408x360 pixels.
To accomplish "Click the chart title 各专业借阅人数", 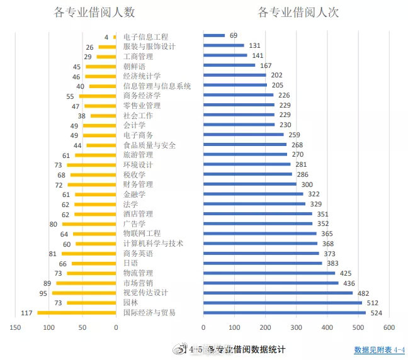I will pyautogui.click(x=96, y=13).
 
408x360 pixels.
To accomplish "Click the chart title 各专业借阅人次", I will pyautogui.click(x=298, y=13).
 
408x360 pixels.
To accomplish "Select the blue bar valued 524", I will pyautogui.click(x=284, y=313).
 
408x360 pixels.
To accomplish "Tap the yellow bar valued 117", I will pyautogui.click(x=77, y=313).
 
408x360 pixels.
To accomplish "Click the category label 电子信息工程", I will pyautogui.click(x=146, y=37).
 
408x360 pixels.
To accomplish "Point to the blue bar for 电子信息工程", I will pyautogui.click(x=214, y=36).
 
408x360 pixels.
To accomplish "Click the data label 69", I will pyautogui.click(x=234, y=36).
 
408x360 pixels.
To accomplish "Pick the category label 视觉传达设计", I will pyautogui.click(x=146, y=293).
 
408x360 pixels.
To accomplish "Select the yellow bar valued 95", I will pyautogui.click(x=84, y=293).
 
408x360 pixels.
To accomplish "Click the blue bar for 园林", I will pyautogui.click(x=282, y=303).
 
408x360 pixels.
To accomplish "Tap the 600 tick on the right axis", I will pyautogui.click(x=388, y=327).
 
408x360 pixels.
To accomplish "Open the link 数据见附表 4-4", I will pyautogui.click(x=380, y=349).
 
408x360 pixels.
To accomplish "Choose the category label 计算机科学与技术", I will pyautogui.click(x=154, y=244).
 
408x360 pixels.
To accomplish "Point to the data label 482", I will pyautogui.click(x=363, y=293).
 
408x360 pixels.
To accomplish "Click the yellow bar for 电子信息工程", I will pyautogui.click(x=115, y=37).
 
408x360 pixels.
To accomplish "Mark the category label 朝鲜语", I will pyautogui.click(x=135, y=66).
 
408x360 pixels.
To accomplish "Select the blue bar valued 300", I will pyautogui.click(x=250, y=184).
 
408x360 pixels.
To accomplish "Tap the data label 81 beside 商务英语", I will pyautogui.click(x=52, y=254).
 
